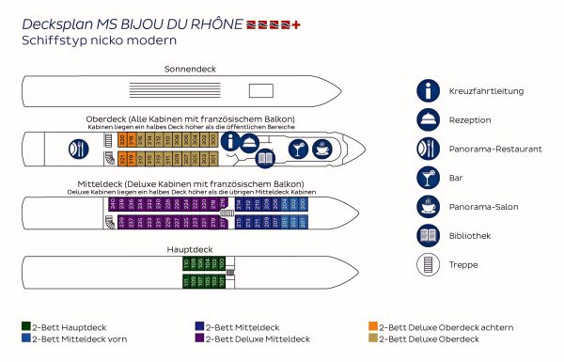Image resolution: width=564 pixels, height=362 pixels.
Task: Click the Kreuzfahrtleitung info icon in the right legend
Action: [429, 90]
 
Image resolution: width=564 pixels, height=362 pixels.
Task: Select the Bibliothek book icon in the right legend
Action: [429, 235]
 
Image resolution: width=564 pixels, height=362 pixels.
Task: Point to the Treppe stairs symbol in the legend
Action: [429, 264]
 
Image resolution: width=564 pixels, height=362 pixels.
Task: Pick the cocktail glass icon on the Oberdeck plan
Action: [297, 150]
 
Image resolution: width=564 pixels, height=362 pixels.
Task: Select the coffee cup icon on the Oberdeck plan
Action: [322, 149]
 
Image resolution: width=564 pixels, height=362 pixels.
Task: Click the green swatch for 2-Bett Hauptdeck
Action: [25, 327]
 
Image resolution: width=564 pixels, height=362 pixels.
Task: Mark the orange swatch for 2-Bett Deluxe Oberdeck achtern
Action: [373, 327]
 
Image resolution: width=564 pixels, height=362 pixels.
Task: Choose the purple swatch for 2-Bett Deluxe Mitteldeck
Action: [199, 338]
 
